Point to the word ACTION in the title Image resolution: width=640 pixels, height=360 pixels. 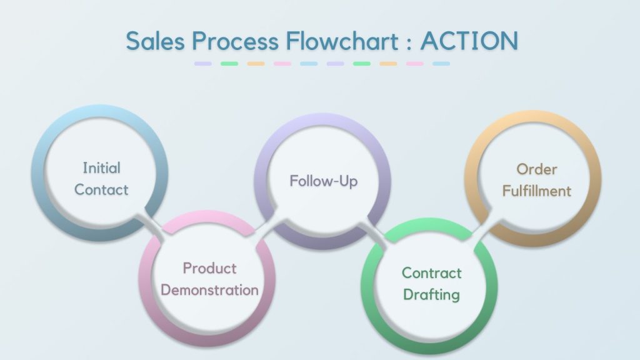469,41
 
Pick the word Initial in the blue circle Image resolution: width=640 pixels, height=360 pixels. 101,168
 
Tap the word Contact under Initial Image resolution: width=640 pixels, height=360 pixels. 101,189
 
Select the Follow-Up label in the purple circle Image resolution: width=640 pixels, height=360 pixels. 323,181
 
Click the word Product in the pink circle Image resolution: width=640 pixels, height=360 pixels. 209,268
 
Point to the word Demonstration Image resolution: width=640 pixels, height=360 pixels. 209,290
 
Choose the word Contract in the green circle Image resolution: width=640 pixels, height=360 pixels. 432,272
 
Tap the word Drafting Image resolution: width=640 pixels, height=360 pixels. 432,294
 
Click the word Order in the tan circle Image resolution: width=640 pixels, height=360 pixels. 537,169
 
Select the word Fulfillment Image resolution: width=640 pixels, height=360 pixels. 537,191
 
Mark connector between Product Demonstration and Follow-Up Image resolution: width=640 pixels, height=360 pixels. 265,227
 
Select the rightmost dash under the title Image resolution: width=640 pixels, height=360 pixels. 441,64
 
